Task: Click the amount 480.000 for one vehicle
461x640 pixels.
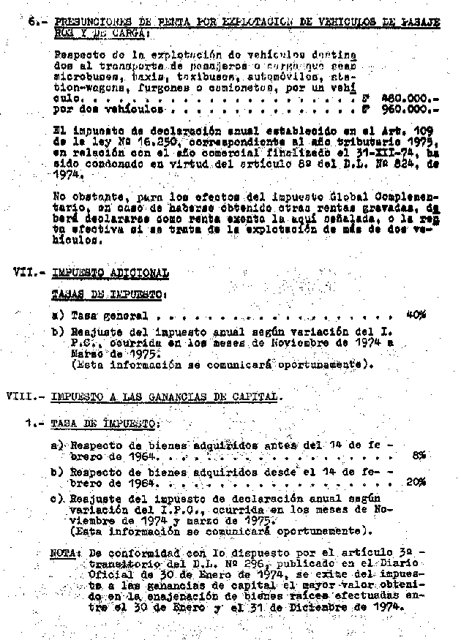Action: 406,97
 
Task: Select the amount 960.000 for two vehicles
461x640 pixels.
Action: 406,109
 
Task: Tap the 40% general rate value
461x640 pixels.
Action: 416,315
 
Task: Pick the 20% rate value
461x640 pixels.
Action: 416,482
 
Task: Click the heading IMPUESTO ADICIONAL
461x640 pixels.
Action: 110,272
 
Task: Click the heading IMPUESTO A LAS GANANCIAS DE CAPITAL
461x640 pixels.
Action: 165,396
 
